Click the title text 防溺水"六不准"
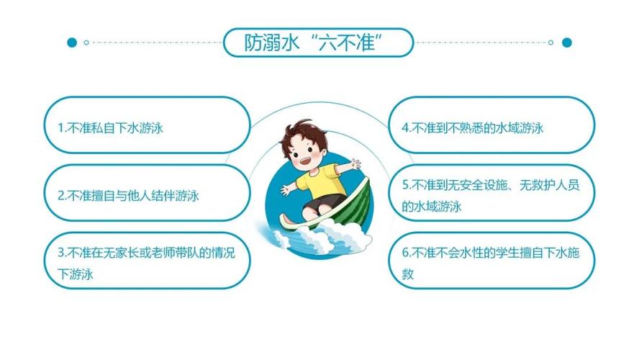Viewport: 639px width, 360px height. [x=318, y=42]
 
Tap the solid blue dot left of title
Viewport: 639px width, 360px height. [x=71, y=42]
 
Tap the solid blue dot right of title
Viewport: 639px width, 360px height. [x=566, y=42]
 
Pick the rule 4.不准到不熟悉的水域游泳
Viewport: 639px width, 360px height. [x=472, y=128]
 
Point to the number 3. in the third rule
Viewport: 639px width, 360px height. [x=61, y=253]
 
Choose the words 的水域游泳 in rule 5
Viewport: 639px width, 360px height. [x=432, y=207]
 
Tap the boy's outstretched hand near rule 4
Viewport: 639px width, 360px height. [x=353, y=165]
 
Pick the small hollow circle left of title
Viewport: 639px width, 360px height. [x=86, y=42]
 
